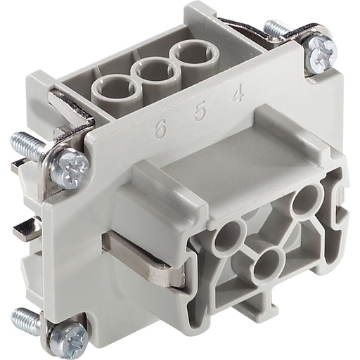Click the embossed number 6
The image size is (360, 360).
[x=161, y=129]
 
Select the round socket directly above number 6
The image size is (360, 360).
[x=116, y=89]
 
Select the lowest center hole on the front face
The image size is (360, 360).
[x=268, y=266]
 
